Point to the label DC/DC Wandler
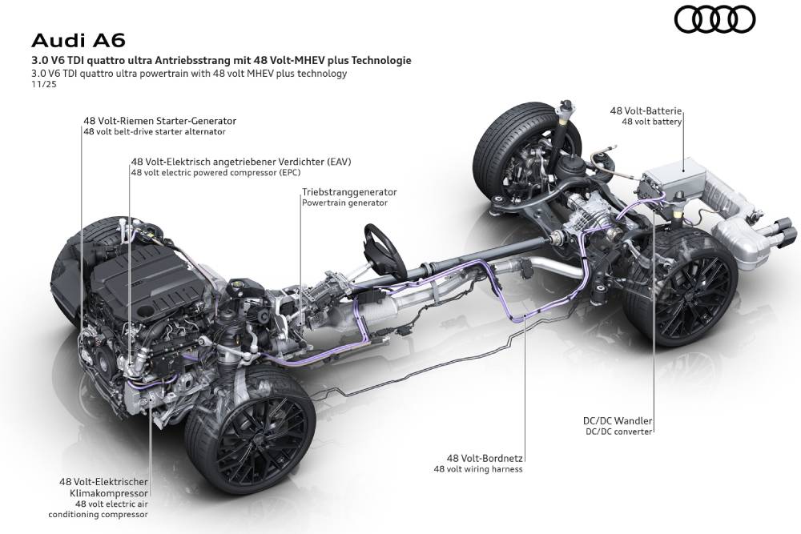(618, 420)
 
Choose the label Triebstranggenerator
(349, 192)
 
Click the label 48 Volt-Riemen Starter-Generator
(159, 121)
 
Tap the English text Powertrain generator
(344, 203)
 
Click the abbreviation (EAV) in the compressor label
(339, 161)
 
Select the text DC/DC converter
(618, 432)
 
